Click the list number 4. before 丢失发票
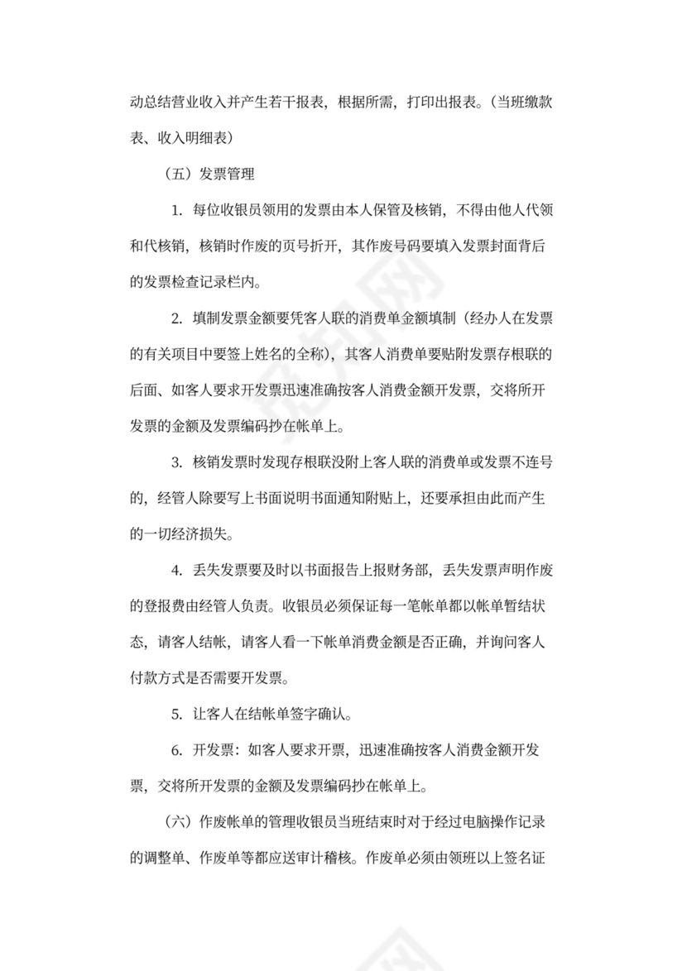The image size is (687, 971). [x=177, y=569]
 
